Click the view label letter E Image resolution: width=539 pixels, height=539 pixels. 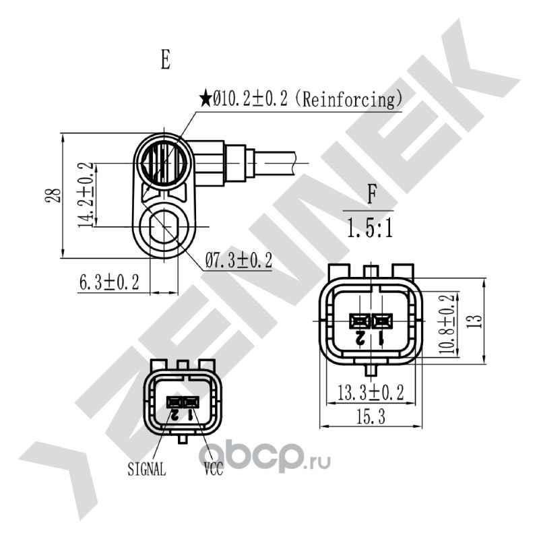(166, 59)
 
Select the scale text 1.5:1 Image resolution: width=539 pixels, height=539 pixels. (369, 228)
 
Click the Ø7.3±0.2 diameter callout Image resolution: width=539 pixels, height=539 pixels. (239, 261)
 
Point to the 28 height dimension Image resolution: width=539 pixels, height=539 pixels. (53, 195)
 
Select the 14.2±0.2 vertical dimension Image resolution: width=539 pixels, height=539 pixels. (86, 195)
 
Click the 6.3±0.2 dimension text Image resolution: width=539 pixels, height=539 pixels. (109, 283)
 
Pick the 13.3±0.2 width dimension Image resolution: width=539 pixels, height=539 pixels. (371, 393)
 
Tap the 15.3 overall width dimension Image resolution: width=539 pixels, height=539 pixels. (370, 417)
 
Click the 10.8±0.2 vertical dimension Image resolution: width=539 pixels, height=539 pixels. (447, 324)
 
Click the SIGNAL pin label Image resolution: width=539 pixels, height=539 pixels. (147, 468)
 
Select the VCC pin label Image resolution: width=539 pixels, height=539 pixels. (214, 468)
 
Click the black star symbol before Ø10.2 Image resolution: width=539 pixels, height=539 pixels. (205, 98)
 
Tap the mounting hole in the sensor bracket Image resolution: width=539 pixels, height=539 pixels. (164, 227)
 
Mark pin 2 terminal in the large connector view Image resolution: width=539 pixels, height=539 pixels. (360, 321)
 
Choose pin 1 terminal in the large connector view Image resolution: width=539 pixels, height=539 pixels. (382, 321)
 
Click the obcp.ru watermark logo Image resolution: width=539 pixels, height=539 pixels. (264, 456)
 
